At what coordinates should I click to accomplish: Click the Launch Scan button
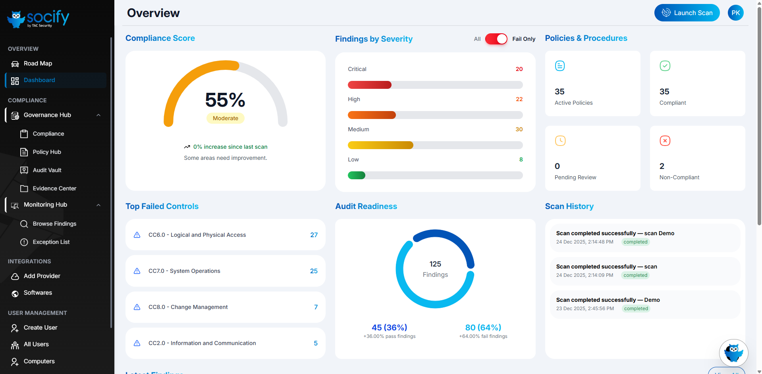687,13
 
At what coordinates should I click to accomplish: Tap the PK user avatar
735,13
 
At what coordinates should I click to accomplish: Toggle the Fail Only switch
496,39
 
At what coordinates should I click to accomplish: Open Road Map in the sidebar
38,63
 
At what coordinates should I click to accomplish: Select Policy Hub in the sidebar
47,152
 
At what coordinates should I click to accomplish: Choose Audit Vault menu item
47,170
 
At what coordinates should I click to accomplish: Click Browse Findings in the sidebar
54,224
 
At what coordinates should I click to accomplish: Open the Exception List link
51,242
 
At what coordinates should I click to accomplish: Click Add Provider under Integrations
42,276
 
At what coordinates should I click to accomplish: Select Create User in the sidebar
40,328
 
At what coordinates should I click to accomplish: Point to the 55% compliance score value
225,100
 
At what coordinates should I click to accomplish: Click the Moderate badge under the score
225,118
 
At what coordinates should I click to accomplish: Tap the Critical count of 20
519,69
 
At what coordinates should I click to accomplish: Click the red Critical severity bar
370,85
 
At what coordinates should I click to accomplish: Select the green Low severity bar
357,175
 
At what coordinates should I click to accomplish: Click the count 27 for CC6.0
314,235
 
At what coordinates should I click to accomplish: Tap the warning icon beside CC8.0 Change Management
137,307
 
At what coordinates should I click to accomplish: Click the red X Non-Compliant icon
665,141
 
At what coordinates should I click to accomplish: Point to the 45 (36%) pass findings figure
389,328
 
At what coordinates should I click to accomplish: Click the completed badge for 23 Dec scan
636,309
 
